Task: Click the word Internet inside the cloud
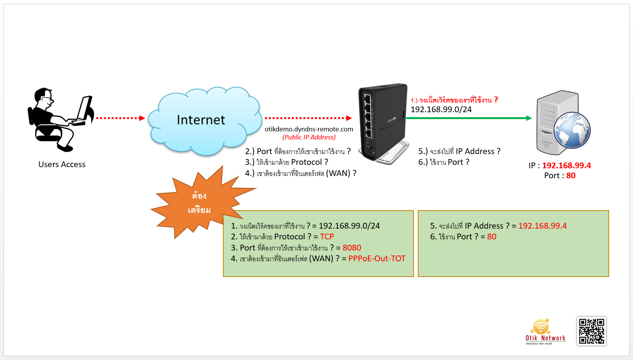201,120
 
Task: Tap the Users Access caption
62,164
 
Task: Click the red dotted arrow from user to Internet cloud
121,118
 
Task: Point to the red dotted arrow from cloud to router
308,118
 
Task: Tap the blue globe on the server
572,130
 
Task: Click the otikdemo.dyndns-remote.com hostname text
309,129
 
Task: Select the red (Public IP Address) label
309,137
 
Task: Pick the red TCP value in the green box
327,237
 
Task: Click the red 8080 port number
352,247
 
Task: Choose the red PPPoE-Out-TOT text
377,259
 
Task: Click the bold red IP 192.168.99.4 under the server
567,165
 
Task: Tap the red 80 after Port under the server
571,176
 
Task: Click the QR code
591,331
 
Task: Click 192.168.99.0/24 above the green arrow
441,109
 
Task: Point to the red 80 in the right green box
492,237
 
